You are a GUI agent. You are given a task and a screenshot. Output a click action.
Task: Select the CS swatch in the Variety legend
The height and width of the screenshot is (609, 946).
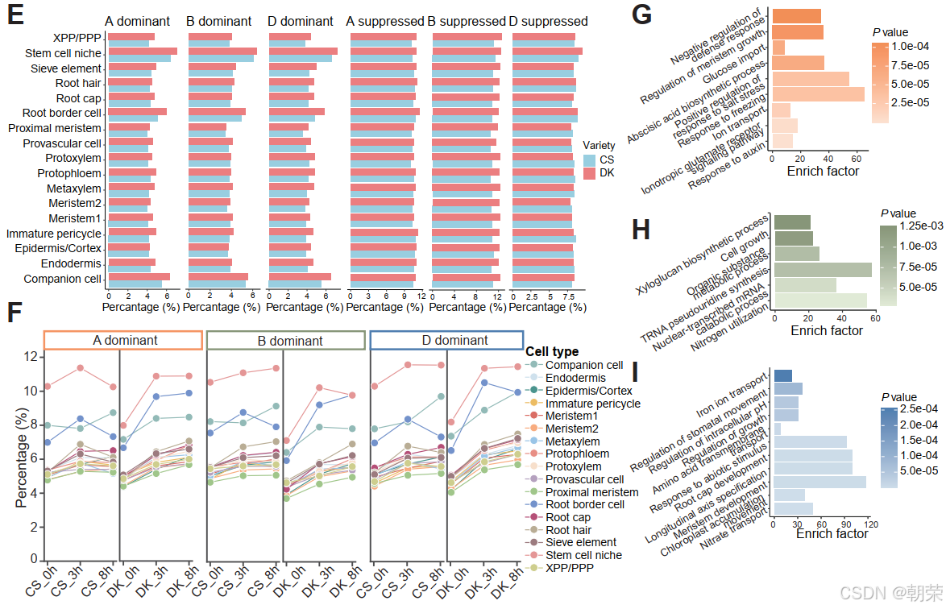tap(589, 160)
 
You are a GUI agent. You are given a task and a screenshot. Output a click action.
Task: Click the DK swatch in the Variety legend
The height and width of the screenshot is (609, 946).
tap(589, 174)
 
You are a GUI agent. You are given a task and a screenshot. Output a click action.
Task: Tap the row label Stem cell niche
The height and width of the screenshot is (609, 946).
tap(63, 53)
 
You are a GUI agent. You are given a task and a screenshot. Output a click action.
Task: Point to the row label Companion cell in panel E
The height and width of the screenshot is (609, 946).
tap(63, 279)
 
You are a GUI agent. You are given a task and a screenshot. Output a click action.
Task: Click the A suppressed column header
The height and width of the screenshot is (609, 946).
tap(384, 21)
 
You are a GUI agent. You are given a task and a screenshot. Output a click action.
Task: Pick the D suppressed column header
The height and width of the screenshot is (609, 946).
tap(548, 21)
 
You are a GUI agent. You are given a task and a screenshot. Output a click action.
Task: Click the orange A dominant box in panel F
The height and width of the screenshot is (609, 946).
tap(122, 340)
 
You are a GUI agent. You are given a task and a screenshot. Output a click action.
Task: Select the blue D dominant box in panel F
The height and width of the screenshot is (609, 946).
tap(444, 340)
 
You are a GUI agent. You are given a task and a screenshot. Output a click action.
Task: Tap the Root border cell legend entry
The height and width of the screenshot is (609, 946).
tap(584, 504)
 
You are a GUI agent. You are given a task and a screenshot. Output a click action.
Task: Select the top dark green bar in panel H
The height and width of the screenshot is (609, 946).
tap(791, 222)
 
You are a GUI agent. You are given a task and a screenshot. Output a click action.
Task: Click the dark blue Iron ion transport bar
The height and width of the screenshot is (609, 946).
tap(782, 375)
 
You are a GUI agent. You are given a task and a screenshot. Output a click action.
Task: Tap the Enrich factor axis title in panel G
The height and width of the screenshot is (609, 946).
tap(823, 171)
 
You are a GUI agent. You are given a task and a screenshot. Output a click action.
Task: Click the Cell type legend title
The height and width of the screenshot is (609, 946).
tap(552, 351)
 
